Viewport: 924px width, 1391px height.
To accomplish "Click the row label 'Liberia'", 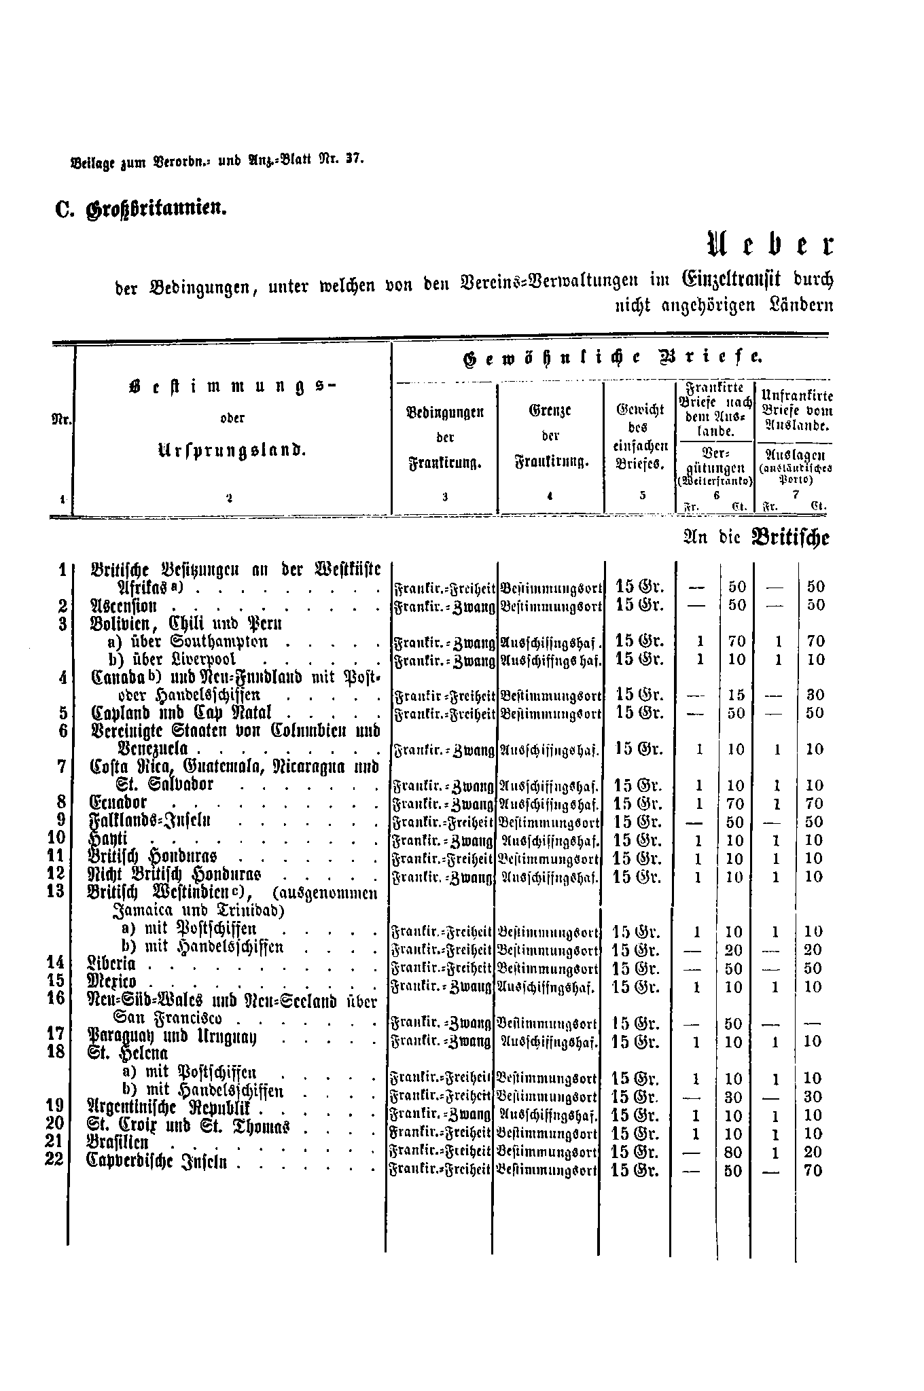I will tap(113, 964).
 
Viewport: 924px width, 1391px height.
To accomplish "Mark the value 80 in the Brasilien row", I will tap(734, 1153).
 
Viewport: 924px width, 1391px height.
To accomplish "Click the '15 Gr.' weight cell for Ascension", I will tap(639, 604).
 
